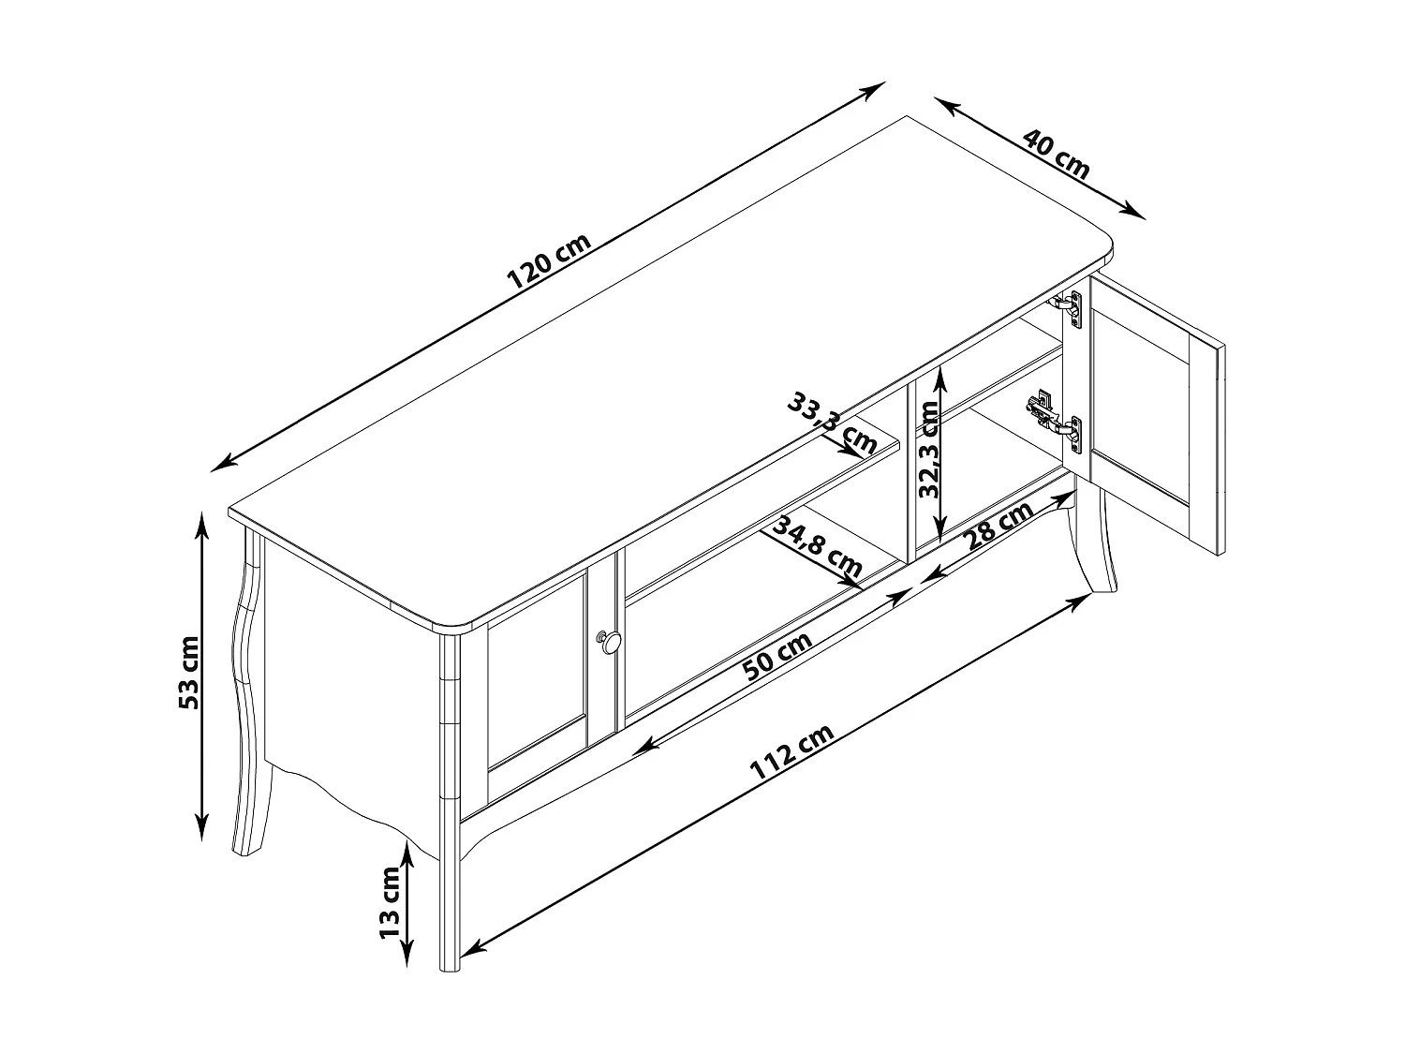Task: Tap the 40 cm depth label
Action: click(1057, 155)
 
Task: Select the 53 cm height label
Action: click(190, 672)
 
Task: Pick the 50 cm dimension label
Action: click(776, 655)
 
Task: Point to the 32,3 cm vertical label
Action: click(929, 449)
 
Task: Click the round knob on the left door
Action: click(611, 642)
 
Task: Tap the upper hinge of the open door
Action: click(1069, 304)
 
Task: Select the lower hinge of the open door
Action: click(1054, 418)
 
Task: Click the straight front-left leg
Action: click(451, 843)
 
